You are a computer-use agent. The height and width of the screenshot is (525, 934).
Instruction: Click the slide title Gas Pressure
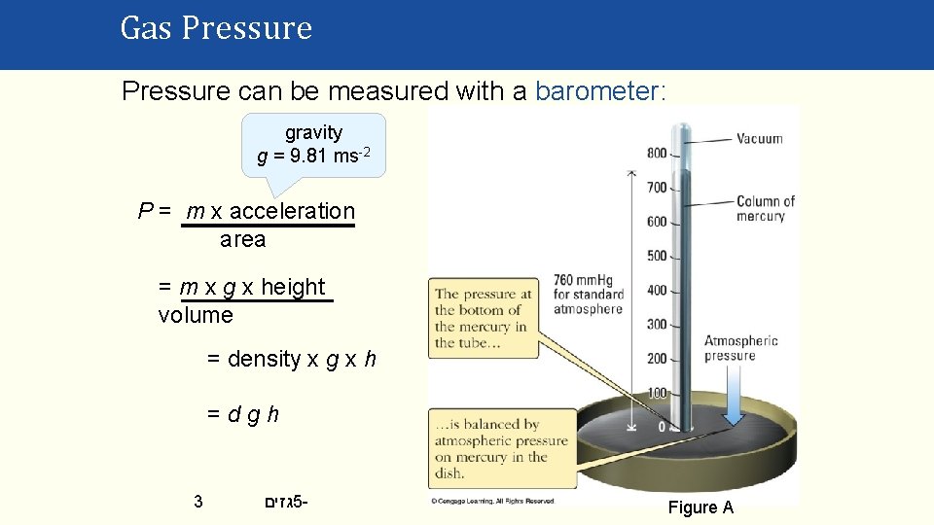tap(216, 28)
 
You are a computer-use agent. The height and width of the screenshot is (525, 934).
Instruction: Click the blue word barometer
tap(598, 91)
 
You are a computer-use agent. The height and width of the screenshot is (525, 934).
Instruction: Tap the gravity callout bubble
tap(313, 144)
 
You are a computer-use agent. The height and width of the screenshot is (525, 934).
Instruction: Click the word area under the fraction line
tap(242, 239)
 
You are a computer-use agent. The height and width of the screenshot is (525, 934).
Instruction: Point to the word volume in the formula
tap(196, 315)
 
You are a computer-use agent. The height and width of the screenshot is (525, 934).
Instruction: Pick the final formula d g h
tap(243, 414)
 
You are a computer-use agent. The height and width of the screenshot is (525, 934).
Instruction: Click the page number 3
tap(198, 502)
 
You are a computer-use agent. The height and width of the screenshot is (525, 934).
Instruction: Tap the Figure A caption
tap(700, 507)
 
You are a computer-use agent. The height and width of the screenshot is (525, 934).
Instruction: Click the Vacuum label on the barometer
tap(759, 139)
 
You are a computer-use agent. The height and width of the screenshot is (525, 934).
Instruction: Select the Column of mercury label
tap(765, 208)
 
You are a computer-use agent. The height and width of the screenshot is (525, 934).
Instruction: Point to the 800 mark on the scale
tap(657, 153)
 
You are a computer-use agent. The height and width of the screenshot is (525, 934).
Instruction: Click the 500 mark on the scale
tap(657, 256)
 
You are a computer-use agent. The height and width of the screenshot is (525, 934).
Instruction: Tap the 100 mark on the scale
tap(657, 393)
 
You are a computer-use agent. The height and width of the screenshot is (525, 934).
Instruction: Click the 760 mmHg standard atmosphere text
tap(587, 295)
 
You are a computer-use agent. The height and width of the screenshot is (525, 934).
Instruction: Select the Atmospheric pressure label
tap(740, 348)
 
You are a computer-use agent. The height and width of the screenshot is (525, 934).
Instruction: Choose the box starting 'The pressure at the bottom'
tap(484, 318)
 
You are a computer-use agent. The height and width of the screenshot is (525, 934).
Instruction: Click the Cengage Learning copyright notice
tap(492, 501)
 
